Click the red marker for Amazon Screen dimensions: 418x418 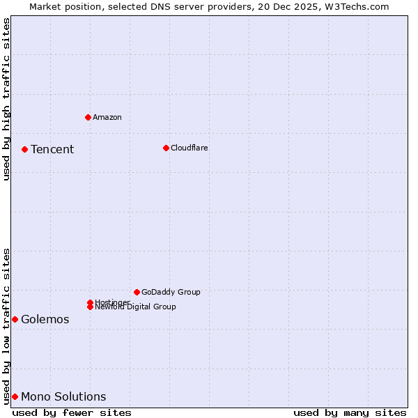(88, 117)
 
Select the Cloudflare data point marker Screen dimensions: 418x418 (166, 148)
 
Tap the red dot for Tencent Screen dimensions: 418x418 (24, 149)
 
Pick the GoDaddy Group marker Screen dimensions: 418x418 (137, 292)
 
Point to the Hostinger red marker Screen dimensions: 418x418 (90, 302)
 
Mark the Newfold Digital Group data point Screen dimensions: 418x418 (91, 307)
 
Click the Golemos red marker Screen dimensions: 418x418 (15, 319)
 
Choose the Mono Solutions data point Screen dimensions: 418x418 (15, 396)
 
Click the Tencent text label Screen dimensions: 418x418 (52, 149)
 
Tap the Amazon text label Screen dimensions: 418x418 (107, 117)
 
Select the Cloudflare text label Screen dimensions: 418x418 (189, 148)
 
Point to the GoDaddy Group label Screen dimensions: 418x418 (171, 292)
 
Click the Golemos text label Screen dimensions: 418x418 (45, 319)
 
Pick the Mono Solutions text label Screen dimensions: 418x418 (63, 396)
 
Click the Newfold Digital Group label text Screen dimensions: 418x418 (136, 307)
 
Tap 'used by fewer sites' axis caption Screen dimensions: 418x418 (72, 412)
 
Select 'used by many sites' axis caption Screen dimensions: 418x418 (350, 412)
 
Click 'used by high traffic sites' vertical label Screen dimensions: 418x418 (6, 99)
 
